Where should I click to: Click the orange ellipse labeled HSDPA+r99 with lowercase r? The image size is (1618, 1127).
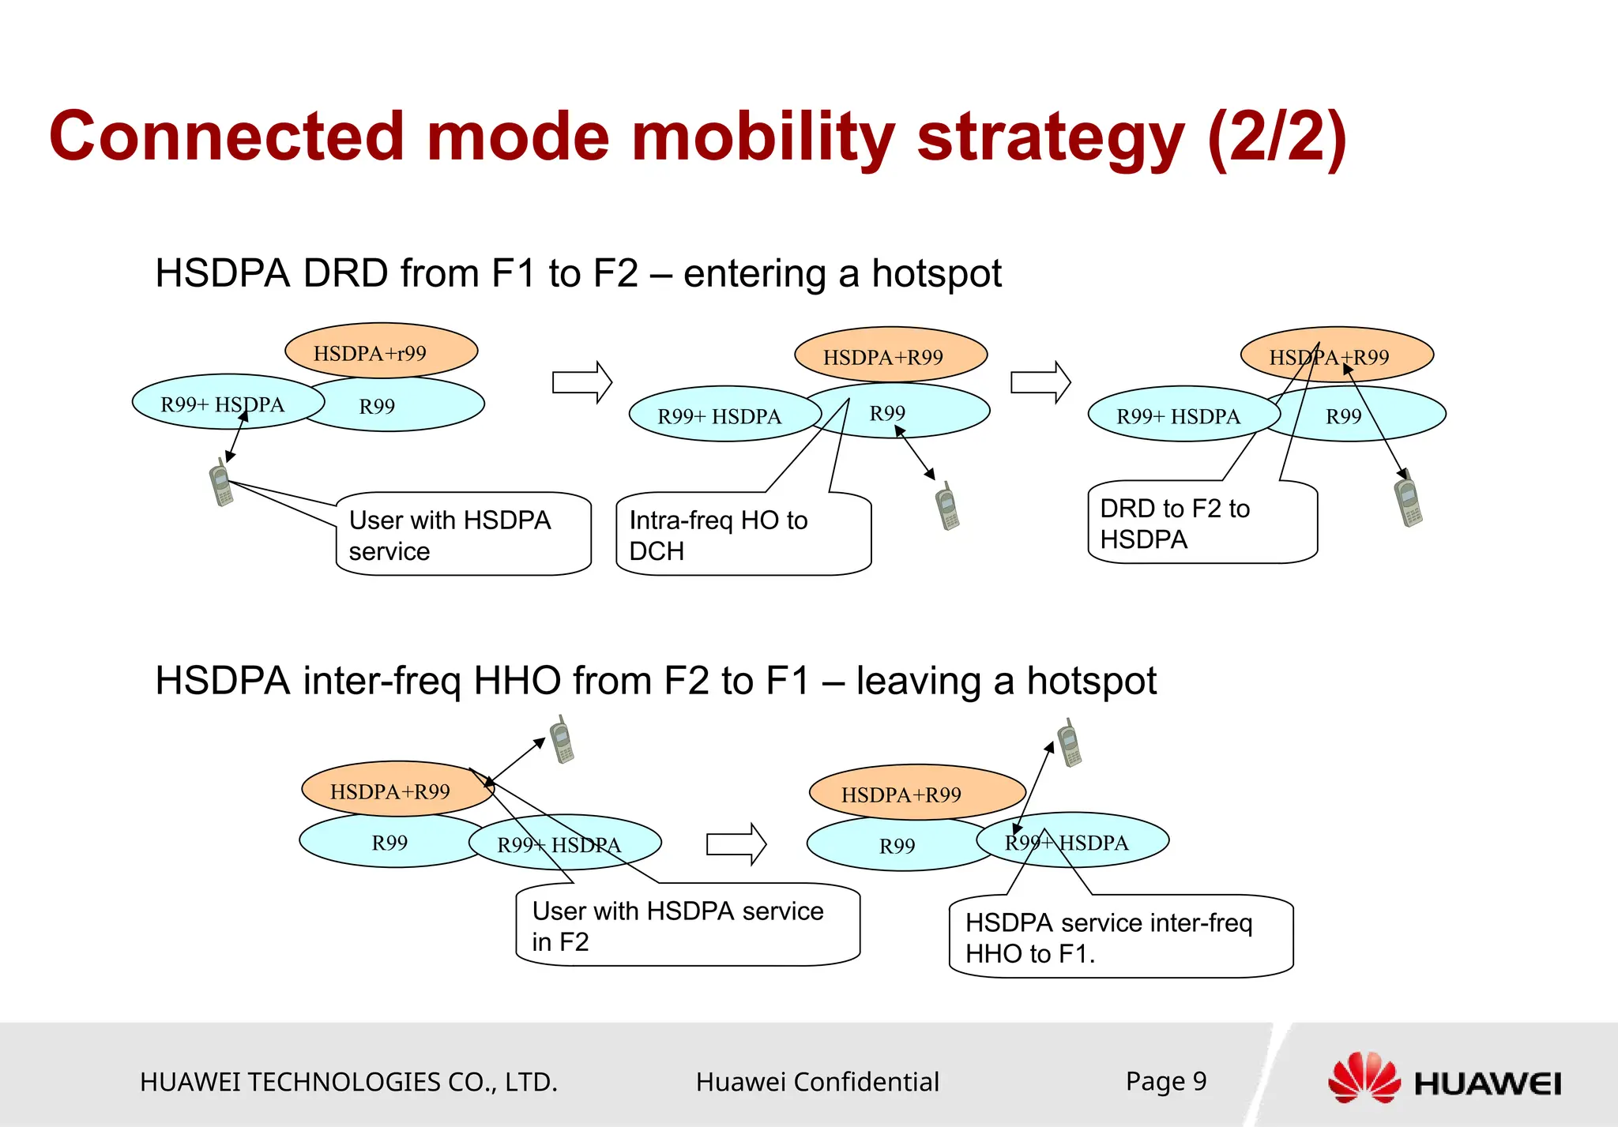coord(381,351)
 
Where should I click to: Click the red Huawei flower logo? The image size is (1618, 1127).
coord(1364,1078)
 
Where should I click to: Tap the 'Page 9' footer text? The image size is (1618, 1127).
coord(1166,1081)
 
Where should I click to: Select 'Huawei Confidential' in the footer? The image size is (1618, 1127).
coord(817,1082)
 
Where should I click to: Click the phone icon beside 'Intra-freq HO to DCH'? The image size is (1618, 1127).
coord(947,506)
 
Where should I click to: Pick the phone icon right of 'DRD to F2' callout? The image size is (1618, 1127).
coord(1408,499)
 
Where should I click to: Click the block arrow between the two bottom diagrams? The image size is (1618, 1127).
coord(736,843)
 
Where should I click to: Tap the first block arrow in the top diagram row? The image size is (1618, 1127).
coord(582,382)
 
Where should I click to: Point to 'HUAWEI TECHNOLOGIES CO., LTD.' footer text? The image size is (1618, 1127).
coord(348,1082)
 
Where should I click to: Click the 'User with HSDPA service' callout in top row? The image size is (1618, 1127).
coord(463,535)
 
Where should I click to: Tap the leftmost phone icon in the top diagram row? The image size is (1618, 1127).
coord(221,483)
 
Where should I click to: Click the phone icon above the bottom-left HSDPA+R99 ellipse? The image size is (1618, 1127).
coord(562,740)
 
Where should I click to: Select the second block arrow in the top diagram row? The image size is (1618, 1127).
coord(1040,382)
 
